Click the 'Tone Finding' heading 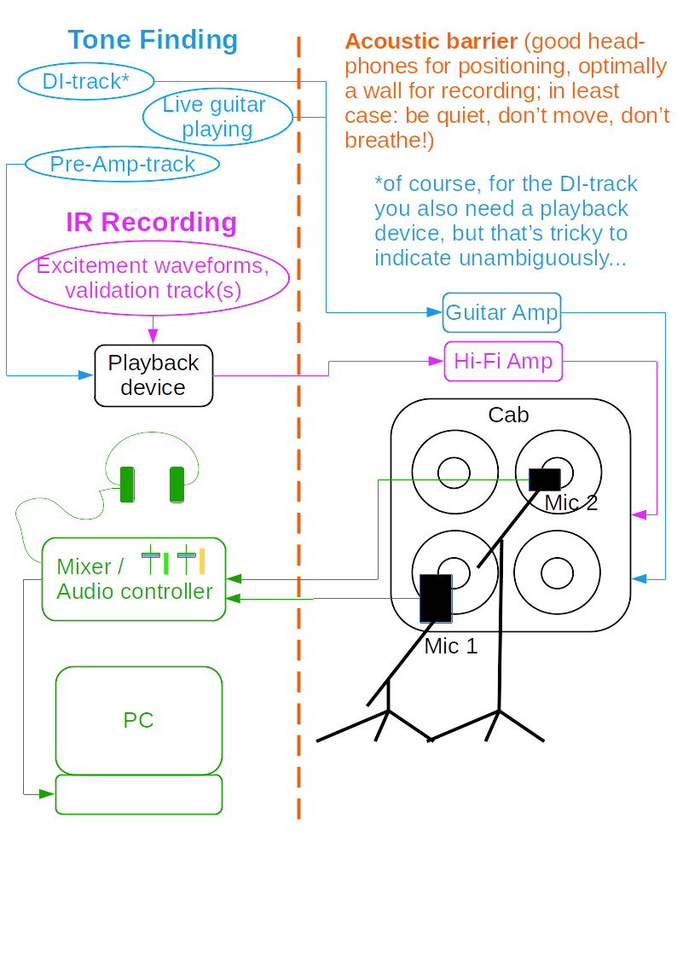(x=153, y=40)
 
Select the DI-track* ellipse (x=85, y=81)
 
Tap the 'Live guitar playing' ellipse (x=217, y=117)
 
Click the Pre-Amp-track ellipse (x=122, y=164)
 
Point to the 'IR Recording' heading (x=151, y=222)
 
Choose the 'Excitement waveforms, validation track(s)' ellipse (x=153, y=278)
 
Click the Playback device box (x=153, y=375)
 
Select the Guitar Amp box (x=501, y=312)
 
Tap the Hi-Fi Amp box (x=503, y=361)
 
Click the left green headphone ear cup (x=127, y=485)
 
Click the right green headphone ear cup (x=176, y=485)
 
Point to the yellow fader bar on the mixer (x=202, y=560)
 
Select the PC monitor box (x=138, y=720)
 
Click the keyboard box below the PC (x=138, y=794)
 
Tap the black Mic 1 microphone (x=436, y=598)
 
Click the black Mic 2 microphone (x=544, y=479)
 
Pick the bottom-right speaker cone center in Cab (x=557, y=573)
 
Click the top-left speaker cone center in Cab (x=454, y=472)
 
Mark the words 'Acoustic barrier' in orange (x=431, y=41)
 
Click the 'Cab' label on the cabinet (x=508, y=415)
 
